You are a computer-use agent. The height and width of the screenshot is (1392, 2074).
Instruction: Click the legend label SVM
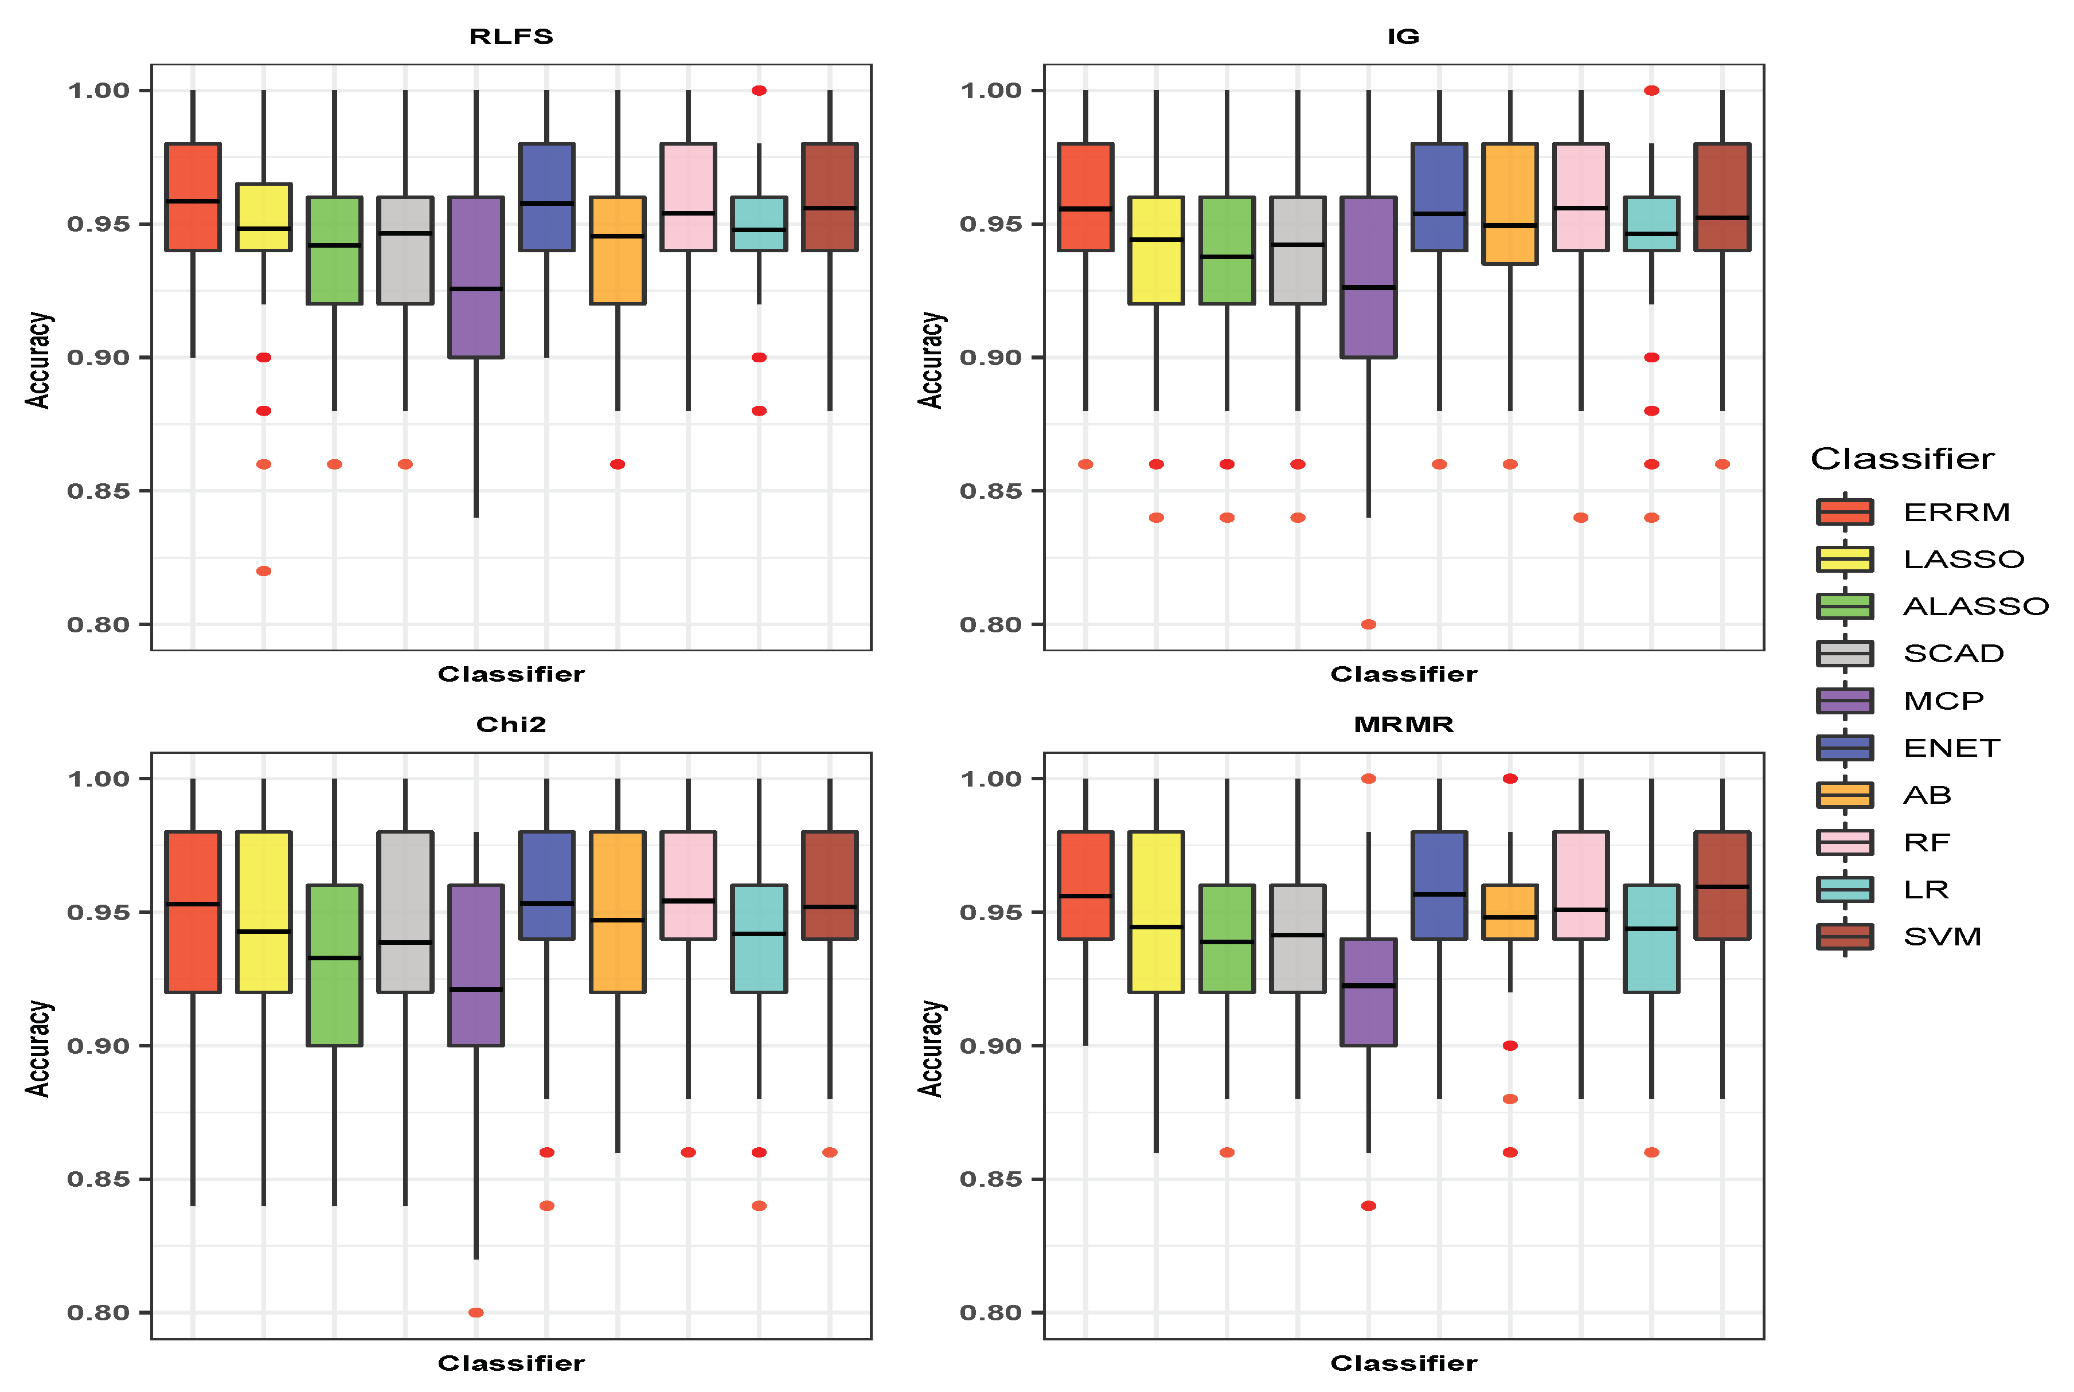1942,937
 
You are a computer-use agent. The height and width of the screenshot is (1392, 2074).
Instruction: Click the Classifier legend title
1902,459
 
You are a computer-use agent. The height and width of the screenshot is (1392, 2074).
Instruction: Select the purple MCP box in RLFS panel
476,277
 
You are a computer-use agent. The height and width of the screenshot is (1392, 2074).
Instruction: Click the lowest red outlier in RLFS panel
264,571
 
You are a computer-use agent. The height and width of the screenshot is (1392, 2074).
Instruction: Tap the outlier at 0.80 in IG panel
1368,624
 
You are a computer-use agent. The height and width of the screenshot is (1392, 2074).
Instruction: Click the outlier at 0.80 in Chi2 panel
476,1312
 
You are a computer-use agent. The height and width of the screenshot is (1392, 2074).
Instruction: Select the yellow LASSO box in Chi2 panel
264,912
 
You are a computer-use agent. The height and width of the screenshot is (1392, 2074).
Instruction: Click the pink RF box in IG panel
1580,197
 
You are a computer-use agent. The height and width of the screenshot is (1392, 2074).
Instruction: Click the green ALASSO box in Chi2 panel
335,965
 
